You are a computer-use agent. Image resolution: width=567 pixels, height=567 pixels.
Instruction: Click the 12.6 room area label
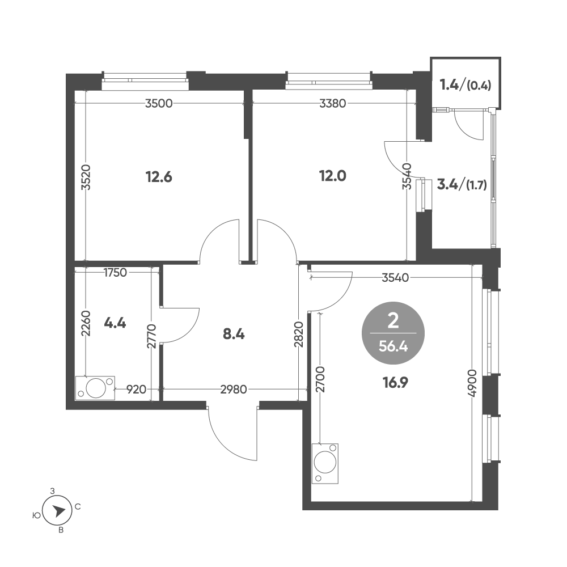tap(159, 177)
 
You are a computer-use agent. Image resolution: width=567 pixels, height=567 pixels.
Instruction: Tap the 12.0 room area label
tap(333, 176)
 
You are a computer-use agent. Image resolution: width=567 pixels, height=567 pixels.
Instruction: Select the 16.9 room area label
tap(396, 382)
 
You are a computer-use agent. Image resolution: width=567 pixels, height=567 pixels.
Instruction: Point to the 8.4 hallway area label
tap(234, 335)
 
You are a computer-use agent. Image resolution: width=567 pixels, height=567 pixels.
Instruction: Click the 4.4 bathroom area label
tap(115, 323)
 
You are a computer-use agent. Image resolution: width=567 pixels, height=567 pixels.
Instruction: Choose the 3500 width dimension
tap(159, 104)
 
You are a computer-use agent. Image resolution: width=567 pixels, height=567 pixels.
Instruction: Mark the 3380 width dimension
tap(333, 104)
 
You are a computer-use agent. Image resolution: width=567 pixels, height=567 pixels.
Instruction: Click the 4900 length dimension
tap(472, 383)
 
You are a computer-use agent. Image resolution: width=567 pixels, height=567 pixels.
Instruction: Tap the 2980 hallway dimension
tap(234, 390)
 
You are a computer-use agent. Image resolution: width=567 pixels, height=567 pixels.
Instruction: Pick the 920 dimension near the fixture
tap(136, 390)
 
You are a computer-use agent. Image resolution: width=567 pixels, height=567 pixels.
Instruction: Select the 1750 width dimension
tap(115, 272)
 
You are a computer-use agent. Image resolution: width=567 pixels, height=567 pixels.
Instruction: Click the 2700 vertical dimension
tap(320, 379)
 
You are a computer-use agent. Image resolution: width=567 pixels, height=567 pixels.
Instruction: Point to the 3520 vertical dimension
tap(86, 177)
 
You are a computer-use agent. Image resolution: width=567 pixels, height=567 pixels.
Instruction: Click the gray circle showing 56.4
tap(393, 333)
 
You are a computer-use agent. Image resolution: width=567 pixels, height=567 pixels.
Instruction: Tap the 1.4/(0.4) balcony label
tap(466, 86)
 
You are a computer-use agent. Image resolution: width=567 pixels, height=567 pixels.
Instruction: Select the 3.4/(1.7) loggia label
tap(462, 185)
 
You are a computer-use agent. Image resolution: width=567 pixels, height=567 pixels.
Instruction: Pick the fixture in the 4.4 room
tap(95, 388)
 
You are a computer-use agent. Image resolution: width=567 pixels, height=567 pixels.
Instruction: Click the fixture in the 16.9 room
tap(325, 464)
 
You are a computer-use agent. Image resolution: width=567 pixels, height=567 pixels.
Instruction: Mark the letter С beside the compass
tap(77, 507)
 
